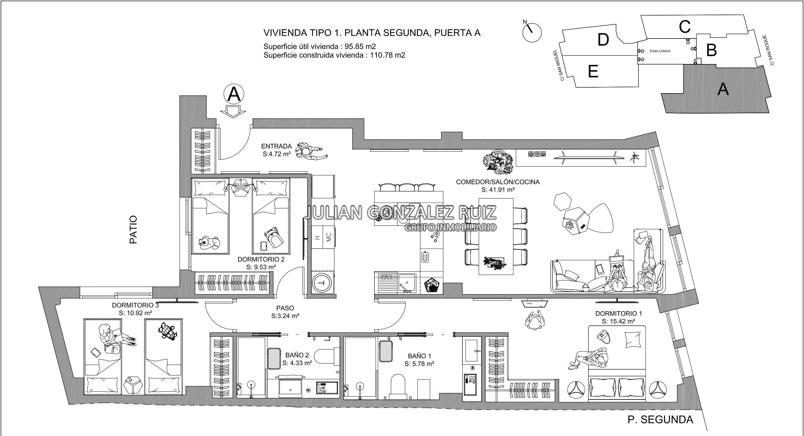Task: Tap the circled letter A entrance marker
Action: [234, 94]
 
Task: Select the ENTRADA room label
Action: [277, 146]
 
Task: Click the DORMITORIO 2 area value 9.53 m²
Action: [261, 267]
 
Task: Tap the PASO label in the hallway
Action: [285, 308]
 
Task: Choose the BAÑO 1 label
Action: [419, 356]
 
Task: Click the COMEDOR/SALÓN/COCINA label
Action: [498, 182]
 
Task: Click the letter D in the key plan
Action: [603, 40]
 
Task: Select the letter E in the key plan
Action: [593, 71]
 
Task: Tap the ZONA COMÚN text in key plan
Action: [660, 51]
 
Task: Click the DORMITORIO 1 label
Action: [618, 313]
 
